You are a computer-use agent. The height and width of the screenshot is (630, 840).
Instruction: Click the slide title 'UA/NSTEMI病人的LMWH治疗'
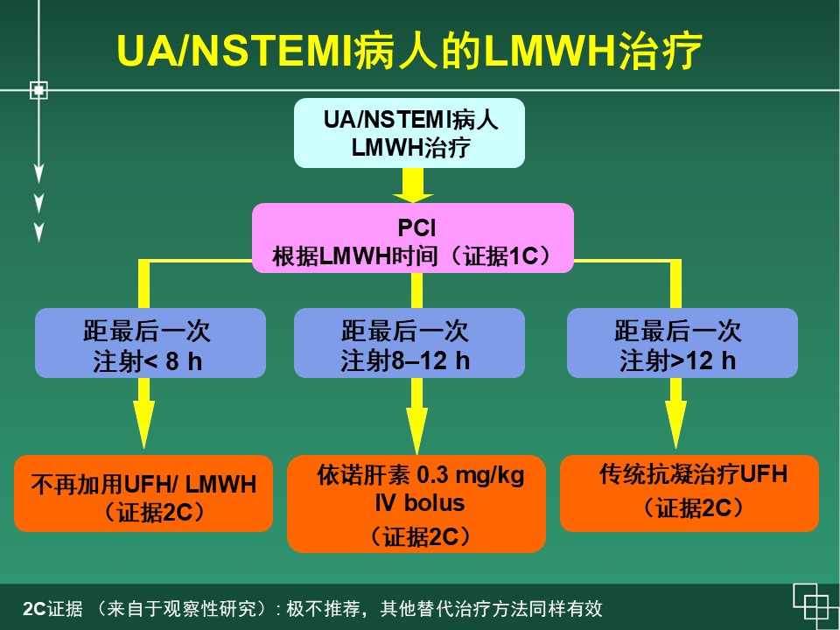(409, 52)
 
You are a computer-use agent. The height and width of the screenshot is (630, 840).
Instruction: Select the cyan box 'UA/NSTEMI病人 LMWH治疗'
(409, 132)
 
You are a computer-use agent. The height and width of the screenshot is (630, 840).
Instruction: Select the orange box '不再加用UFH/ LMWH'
(143, 493)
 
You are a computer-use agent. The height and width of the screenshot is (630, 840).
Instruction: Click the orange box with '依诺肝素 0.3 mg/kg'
(416, 504)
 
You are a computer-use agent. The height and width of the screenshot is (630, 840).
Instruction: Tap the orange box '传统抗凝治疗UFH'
(689, 492)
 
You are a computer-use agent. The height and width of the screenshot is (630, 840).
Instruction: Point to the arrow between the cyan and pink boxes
(411, 185)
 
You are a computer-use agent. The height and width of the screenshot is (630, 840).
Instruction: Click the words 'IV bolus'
(416, 504)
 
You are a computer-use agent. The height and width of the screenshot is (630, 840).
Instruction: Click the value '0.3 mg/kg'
(470, 476)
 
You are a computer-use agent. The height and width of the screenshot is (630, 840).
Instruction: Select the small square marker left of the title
(38, 89)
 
